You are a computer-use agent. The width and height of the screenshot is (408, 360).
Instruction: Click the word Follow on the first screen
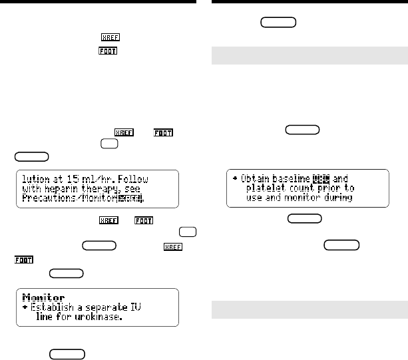pos(148,178)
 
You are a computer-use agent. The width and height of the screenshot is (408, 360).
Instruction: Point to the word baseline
pos(299,178)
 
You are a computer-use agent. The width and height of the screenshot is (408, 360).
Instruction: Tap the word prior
pos(337,188)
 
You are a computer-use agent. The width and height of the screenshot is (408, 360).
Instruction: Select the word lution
pos(37,178)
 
